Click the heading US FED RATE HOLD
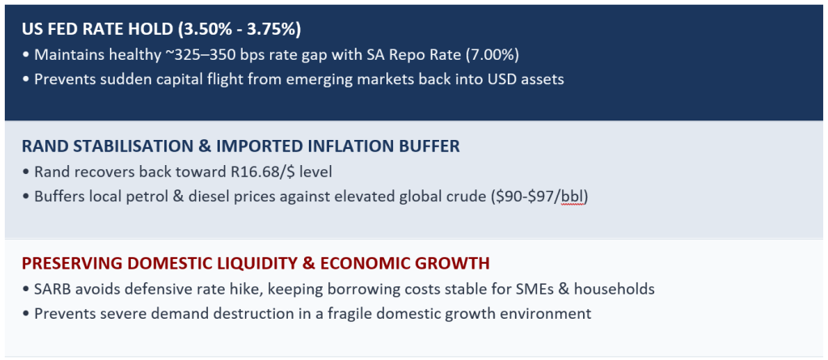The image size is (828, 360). [98, 29]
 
